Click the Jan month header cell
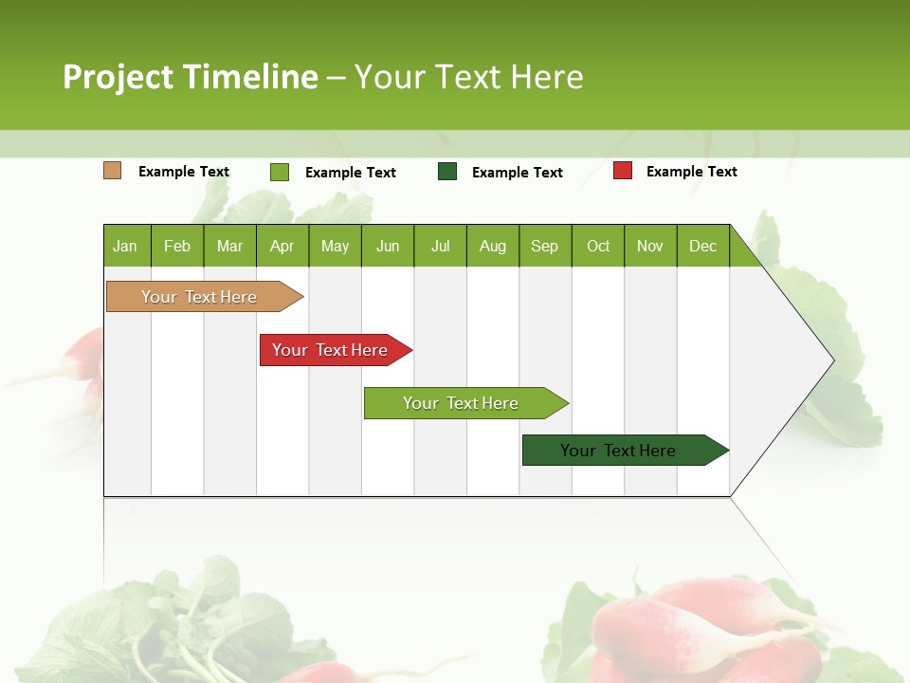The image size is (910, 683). (126, 246)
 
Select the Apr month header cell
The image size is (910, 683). (282, 246)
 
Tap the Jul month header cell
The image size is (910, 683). (440, 246)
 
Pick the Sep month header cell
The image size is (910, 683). (545, 246)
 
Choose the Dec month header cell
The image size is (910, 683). (703, 246)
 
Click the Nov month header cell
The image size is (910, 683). (650, 246)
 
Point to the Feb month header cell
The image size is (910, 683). (177, 246)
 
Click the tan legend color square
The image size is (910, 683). (113, 171)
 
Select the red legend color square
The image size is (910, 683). (623, 171)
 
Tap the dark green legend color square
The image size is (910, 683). (447, 172)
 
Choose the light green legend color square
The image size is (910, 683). (280, 172)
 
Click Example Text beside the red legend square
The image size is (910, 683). (691, 172)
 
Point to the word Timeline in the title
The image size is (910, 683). (250, 77)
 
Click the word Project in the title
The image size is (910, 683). (118, 77)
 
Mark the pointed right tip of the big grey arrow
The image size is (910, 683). (832, 360)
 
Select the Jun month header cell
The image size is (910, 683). (388, 246)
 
